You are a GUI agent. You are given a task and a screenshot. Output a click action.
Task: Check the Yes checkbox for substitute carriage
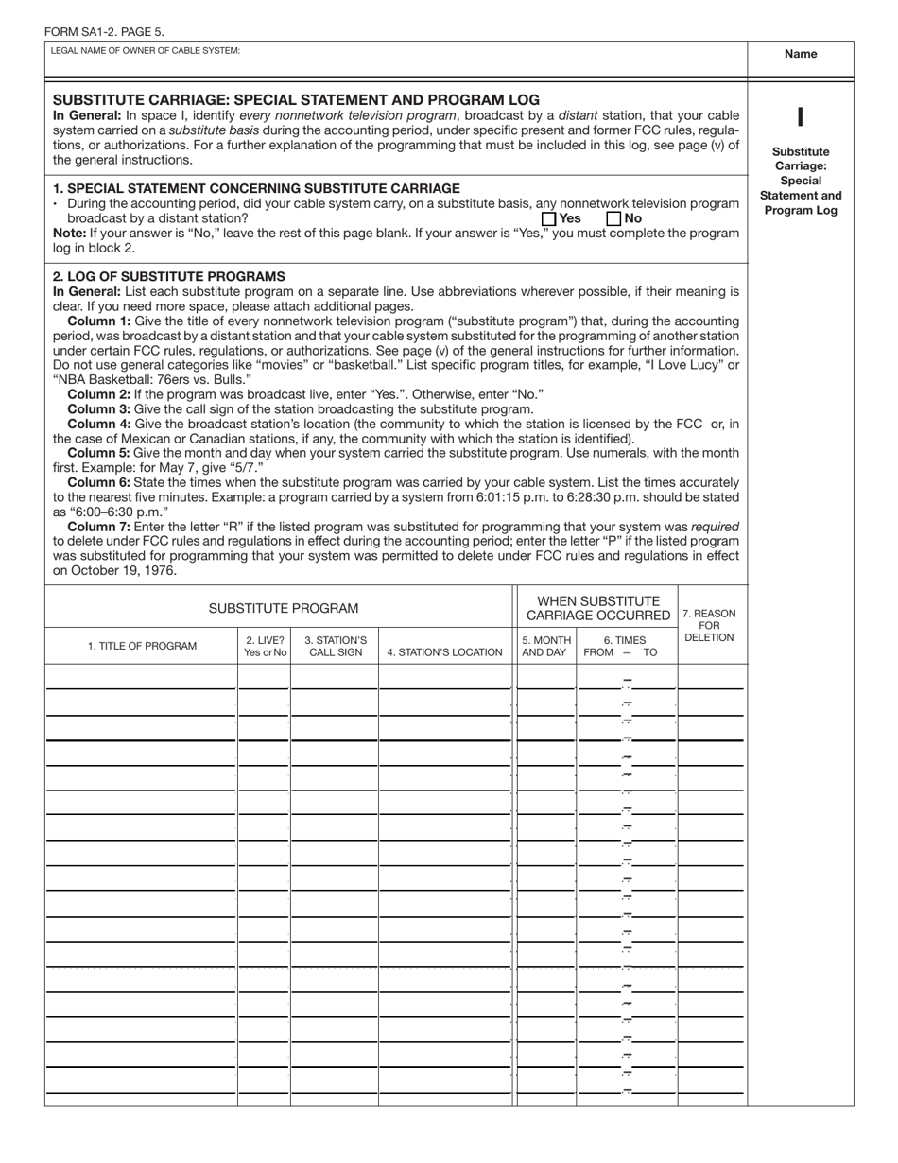[548, 218]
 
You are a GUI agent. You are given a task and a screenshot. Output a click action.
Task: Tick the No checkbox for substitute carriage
[613, 218]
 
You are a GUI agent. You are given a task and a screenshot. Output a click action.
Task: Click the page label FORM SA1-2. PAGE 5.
[104, 31]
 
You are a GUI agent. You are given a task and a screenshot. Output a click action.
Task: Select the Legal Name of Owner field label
[146, 50]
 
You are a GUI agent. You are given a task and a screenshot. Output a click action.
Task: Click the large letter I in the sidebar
[800, 117]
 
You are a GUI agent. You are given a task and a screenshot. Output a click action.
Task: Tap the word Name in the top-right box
[801, 54]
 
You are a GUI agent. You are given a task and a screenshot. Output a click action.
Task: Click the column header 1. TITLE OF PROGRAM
[142, 647]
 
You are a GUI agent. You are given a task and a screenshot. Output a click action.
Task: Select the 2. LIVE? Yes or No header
[265, 646]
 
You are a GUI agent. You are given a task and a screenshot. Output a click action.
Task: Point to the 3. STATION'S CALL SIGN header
[336, 646]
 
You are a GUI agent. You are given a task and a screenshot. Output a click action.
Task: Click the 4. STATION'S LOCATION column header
[445, 652]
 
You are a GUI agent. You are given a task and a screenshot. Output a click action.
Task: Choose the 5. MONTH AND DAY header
[546, 646]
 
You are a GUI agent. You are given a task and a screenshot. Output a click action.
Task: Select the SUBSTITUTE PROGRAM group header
[284, 608]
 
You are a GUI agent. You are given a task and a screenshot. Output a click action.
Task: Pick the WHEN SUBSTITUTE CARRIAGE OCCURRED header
[598, 608]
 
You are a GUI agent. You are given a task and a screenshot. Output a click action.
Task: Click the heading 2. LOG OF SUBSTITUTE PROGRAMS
[169, 276]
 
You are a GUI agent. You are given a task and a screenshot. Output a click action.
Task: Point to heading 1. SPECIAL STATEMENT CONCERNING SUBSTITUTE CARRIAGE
[257, 188]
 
